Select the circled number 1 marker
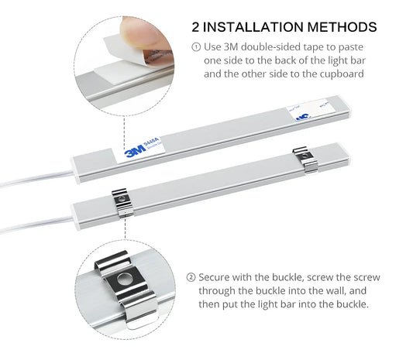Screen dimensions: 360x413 point(195,46)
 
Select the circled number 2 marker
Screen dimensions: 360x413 point(191,276)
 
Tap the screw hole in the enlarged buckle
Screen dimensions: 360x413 point(123,278)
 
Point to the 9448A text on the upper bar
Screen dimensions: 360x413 point(153,141)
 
